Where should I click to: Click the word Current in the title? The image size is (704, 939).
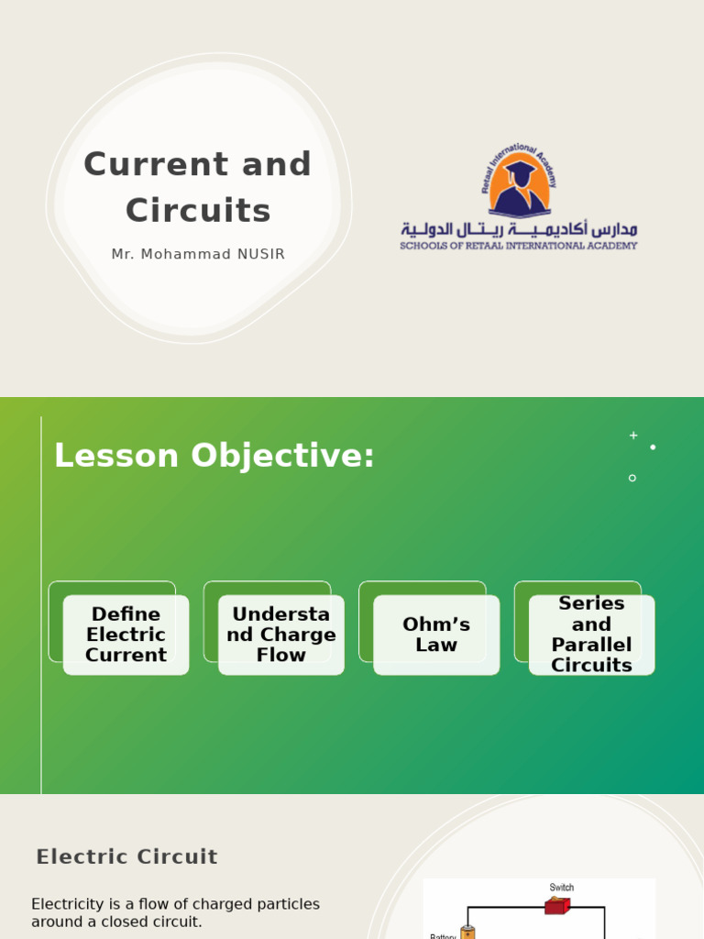(x=139, y=165)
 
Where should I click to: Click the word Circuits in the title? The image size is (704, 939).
(x=198, y=211)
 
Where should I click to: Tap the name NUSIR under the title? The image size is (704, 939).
(x=259, y=255)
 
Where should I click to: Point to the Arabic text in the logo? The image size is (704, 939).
(x=519, y=228)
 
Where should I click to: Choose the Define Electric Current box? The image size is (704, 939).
(x=126, y=635)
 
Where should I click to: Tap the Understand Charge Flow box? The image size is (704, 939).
(x=281, y=635)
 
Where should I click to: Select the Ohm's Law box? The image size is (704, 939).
(x=436, y=635)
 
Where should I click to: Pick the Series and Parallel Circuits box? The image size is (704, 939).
(x=591, y=635)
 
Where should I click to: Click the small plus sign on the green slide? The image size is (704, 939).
(x=633, y=436)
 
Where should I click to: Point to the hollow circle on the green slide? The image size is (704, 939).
(x=632, y=478)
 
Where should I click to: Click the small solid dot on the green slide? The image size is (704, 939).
(x=653, y=447)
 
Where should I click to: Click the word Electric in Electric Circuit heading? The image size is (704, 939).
(x=78, y=857)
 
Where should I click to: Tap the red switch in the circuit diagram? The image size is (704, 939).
(x=556, y=906)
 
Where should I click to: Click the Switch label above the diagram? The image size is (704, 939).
(x=562, y=888)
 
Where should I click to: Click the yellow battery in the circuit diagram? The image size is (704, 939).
(x=467, y=933)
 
